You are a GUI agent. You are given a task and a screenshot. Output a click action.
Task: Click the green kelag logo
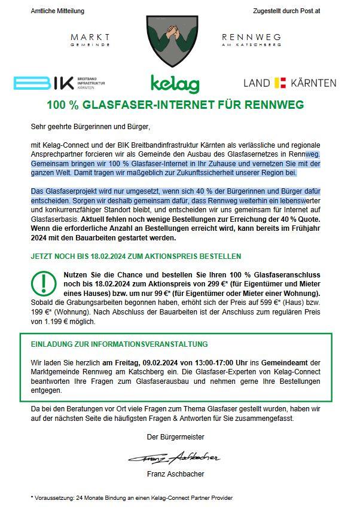click(175, 83)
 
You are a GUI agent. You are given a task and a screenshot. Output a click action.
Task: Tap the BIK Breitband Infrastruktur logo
click(59, 83)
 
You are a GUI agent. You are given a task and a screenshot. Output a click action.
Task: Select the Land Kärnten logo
click(289, 83)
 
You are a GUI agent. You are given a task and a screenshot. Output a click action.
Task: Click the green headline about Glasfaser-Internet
click(176, 105)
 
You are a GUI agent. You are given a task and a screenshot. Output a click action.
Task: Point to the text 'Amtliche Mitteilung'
click(57, 11)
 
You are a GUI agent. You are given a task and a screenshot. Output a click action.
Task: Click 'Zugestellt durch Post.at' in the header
click(286, 11)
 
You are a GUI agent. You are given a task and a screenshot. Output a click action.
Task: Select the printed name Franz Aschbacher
click(175, 474)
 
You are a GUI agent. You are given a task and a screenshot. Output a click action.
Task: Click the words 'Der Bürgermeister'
click(175, 437)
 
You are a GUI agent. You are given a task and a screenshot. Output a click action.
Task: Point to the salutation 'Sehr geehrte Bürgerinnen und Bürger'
click(90, 127)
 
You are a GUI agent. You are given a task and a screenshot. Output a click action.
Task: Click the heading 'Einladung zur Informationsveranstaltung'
click(120, 344)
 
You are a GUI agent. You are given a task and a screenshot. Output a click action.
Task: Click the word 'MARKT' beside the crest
click(90, 37)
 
